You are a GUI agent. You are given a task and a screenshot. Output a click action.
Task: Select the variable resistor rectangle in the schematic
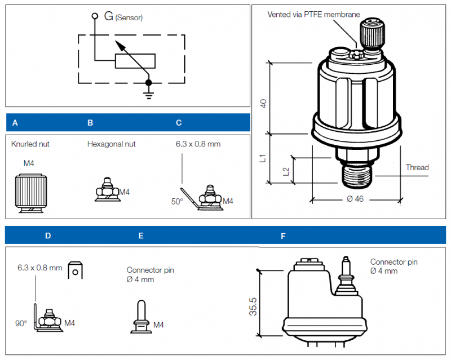[x=136, y=61]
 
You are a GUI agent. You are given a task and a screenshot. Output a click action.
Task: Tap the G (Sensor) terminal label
[x=123, y=17]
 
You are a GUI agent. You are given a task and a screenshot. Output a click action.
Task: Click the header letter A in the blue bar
[x=15, y=122]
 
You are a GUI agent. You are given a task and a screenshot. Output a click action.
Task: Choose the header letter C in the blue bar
[x=179, y=122]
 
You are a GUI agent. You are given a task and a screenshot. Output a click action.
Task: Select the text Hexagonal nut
[x=111, y=144]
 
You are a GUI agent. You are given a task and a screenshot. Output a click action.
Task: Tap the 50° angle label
[x=177, y=201]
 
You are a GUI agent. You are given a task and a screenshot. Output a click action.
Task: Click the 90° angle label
[x=21, y=323]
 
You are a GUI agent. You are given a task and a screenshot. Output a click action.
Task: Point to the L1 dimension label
[x=263, y=158]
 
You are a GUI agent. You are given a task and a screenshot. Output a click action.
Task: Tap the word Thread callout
[x=417, y=167]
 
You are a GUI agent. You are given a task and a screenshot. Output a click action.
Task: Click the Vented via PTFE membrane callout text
[x=313, y=14]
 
